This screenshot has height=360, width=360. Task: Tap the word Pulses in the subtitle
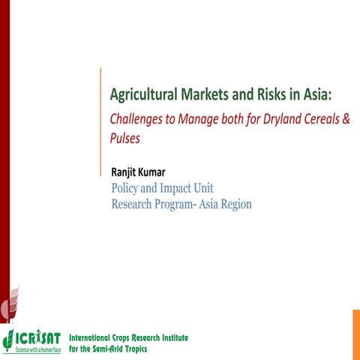coord(125,138)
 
